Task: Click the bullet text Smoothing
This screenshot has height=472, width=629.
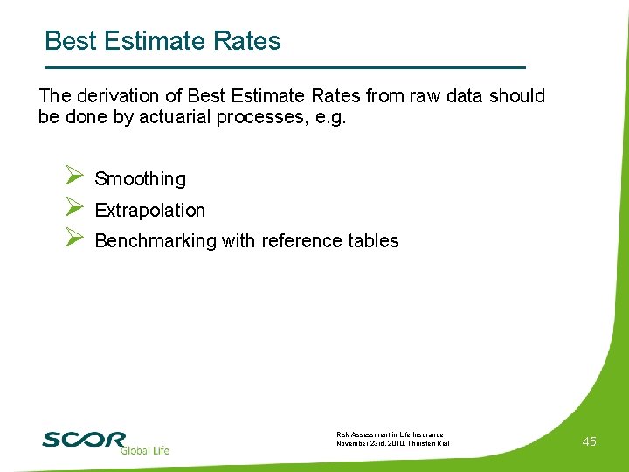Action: pyautogui.click(x=140, y=179)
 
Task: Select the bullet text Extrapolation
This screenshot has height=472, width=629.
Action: pyautogui.click(x=149, y=211)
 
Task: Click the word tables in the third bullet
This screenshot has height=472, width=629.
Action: pyautogui.click(x=371, y=241)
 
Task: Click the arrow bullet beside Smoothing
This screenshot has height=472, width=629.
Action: pyautogui.click(x=73, y=177)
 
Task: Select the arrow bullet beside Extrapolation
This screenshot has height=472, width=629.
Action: pyautogui.click(x=73, y=209)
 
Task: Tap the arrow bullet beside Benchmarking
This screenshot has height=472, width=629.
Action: pyautogui.click(x=73, y=239)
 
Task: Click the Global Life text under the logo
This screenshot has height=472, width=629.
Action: pyautogui.click(x=144, y=450)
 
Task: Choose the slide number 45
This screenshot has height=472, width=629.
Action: pyautogui.click(x=589, y=442)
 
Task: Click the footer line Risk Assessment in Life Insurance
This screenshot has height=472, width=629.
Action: pyautogui.click(x=390, y=434)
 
